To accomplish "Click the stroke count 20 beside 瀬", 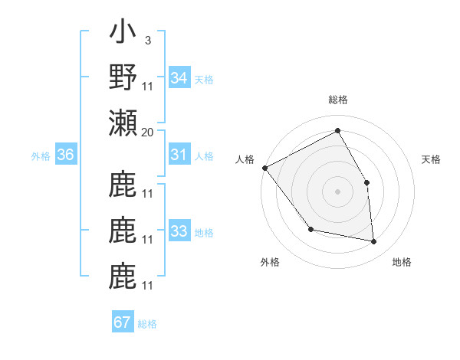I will click(x=148, y=133).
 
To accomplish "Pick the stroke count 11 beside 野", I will click(x=148, y=86).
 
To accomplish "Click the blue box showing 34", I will click(x=179, y=78).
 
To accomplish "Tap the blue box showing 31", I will click(x=179, y=155).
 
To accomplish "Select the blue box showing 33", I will click(x=179, y=231).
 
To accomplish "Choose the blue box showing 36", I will click(x=65, y=155).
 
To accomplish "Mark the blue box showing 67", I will click(x=123, y=322).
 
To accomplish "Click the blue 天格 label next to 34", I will click(x=204, y=79).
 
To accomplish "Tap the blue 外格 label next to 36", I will click(x=41, y=156).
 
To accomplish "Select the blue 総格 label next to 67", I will click(x=147, y=323).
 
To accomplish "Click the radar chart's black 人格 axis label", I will click(x=245, y=159).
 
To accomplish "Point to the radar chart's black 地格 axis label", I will click(x=402, y=262).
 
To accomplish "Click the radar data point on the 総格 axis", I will click(x=337, y=131).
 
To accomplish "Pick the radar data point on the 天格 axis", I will click(x=366, y=182).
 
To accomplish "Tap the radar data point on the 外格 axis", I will click(x=310, y=229).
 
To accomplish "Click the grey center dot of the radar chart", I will click(x=337, y=191).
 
